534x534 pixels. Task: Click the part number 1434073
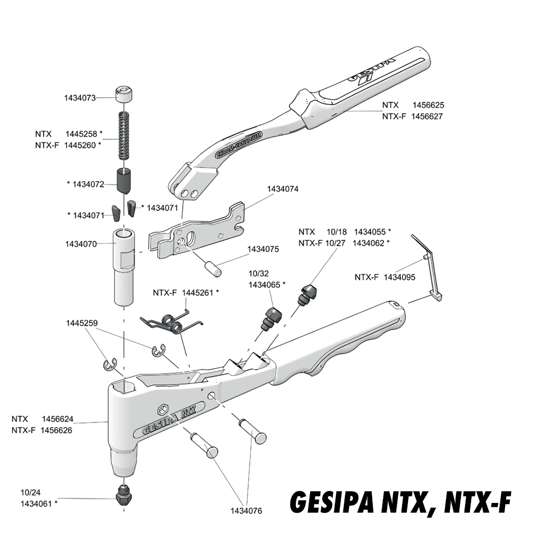tap(80, 98)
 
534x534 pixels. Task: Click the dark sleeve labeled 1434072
tap(124, 181)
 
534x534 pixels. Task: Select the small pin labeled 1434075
tap(213, 268)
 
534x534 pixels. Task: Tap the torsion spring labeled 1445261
tap(172, 321)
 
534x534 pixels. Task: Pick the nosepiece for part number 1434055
tap(307, 295)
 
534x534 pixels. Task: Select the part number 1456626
tap(57, 430)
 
